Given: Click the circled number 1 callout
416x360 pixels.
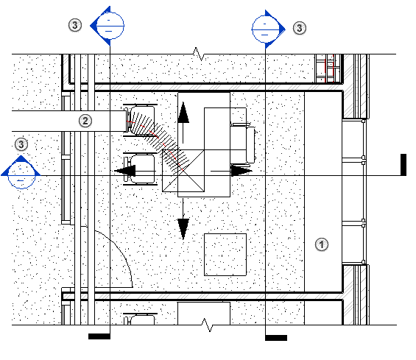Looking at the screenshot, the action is tap(322, 244).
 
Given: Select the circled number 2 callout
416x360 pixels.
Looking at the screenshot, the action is tap(85, 121).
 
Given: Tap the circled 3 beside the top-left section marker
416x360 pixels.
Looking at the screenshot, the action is tap(75, 25).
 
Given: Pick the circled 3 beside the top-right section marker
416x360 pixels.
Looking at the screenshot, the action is tap(299, 28).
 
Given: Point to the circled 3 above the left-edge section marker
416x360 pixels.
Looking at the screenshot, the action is tap(21, 144).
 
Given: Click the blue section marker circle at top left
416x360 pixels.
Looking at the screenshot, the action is tap(110, 26).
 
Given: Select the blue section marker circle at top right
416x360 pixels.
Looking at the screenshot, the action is tap(265, 29).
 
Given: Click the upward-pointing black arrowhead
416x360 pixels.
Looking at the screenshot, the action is tap(183, 113).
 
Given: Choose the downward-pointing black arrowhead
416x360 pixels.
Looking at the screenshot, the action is tap(183, 229).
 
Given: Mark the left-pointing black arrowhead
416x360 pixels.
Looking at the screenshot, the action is tap(125, 171).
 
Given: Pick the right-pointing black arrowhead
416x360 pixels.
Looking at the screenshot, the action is tap(242, 171).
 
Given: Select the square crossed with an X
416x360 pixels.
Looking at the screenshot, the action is tap(183, 171).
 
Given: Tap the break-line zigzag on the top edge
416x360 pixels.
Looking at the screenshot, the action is tap(198, 54).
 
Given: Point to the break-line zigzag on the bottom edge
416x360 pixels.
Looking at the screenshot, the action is tap(207, 325).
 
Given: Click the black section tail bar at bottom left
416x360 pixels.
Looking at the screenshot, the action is tap(99, 336).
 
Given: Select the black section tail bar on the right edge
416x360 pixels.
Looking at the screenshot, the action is tap(403, 164).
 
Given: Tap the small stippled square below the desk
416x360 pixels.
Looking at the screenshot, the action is tap(225, 255).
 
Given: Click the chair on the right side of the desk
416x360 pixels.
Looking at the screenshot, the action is tap(243, 144).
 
